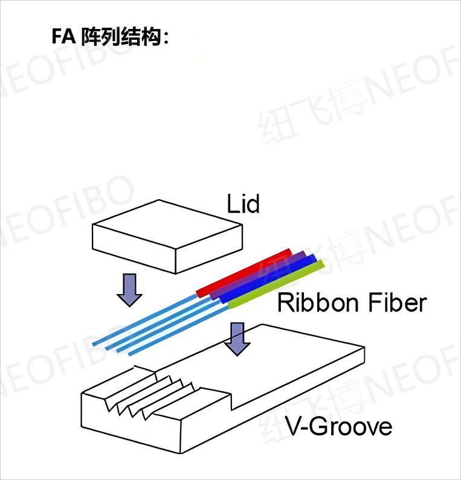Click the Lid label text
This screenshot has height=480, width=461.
[243, 204]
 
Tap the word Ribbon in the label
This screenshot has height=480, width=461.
[315, 302]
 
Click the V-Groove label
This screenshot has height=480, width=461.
[338, 427]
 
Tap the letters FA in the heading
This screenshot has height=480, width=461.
[63, 37]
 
